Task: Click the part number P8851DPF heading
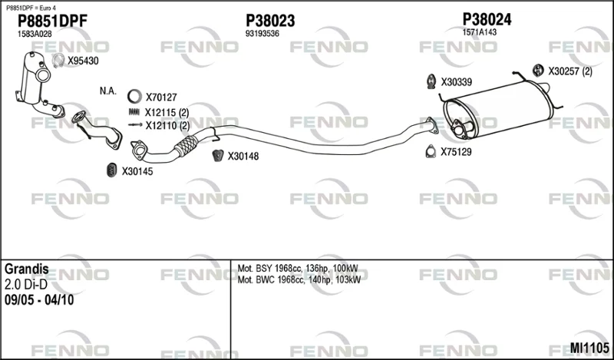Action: click(52, 21)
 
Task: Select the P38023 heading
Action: click(270, 21)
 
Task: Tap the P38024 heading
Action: click(487, 19)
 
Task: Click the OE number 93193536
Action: click(262, 34)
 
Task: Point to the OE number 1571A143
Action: click(479, 32)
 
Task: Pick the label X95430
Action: click(83, 61)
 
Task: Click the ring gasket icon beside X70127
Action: click(134, 97)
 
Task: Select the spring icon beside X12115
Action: click(134, 112)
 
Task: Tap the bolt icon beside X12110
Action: click(135, 125)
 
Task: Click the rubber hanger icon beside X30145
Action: click(112, 170)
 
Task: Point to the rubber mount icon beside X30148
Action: click(218, 156)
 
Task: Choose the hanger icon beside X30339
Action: click(431, 81)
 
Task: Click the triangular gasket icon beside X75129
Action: click(431, 151)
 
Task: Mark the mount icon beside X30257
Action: click(539, 70)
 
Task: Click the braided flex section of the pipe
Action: click(185, 146)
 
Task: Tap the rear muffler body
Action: click(498, 109)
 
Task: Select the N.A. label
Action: click(108, 91)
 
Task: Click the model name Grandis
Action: click(27, 269)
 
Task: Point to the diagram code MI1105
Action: click(589, 348)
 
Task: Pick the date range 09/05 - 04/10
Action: click(39, 300)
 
